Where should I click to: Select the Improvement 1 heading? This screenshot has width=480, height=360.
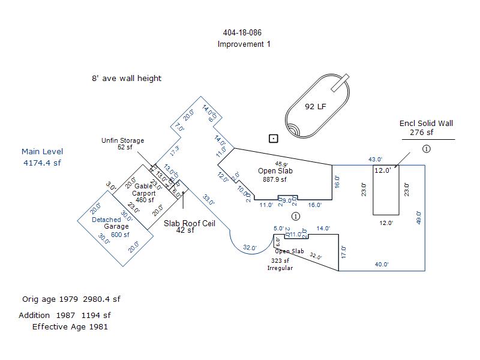tap(244, 44)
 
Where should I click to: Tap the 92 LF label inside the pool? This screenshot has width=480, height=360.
tap(315, 107)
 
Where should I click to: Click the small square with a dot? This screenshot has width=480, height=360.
tap(274, 139)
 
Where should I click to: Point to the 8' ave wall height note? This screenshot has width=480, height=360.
tap(127, 79)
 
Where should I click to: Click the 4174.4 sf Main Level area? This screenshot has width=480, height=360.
tap(42, 163)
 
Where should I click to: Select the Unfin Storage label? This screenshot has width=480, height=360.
tap(122, 141)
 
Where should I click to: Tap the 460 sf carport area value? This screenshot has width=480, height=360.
tap(145, 200)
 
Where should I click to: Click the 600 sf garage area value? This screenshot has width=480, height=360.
tap(119, 235)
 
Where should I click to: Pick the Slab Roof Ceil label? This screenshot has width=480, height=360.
tap(189, 223)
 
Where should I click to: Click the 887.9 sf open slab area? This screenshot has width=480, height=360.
tap(275, 179)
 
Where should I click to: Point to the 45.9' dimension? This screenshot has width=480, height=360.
tap(281, 164)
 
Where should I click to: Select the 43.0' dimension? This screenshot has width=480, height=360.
tap(375, 160)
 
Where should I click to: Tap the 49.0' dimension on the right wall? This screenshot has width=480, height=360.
tap(419, 218)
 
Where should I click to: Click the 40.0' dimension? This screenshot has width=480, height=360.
tap(382, 265)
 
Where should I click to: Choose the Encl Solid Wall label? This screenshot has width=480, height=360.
tap(426, 124)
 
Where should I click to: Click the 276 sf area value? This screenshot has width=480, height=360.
tap(422, 133)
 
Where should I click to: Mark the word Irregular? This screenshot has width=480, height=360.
tap(280, 268)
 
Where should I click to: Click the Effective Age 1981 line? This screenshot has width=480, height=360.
tap(70, 327)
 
